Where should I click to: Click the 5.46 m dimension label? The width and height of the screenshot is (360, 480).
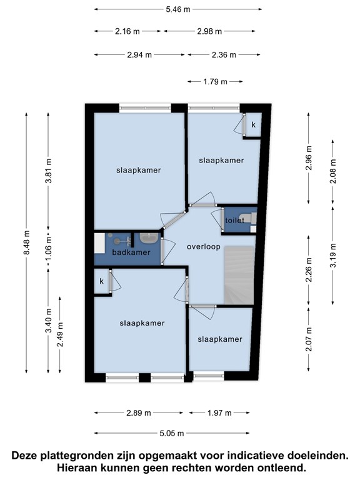[178, 9]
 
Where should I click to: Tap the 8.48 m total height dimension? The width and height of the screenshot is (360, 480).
[27, 242]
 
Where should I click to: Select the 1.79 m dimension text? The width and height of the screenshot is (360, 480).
[215, 82]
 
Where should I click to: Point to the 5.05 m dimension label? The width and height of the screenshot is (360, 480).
[172, 433]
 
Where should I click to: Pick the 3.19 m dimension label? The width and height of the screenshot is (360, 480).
[333, 255]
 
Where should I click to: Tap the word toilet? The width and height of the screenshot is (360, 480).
[235, 220]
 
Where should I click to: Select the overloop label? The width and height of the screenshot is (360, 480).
[204, 247]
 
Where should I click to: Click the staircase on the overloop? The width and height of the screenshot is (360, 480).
[239, 274]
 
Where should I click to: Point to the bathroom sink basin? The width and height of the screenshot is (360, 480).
[149, 238]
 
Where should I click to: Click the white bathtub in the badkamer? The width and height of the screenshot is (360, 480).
[99, 243]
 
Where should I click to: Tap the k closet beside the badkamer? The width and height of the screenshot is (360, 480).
[102, 281]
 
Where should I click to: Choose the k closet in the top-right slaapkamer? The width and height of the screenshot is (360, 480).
[254, 124]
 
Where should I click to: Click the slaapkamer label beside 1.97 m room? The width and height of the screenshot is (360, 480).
[220, 339]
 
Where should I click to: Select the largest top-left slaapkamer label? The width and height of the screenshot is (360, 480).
[138, 170]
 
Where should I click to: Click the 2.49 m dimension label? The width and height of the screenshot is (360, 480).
[60, 334]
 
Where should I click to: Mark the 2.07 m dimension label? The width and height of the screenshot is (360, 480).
[309, 339]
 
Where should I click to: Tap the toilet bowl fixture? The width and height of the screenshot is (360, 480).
[247, 218]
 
